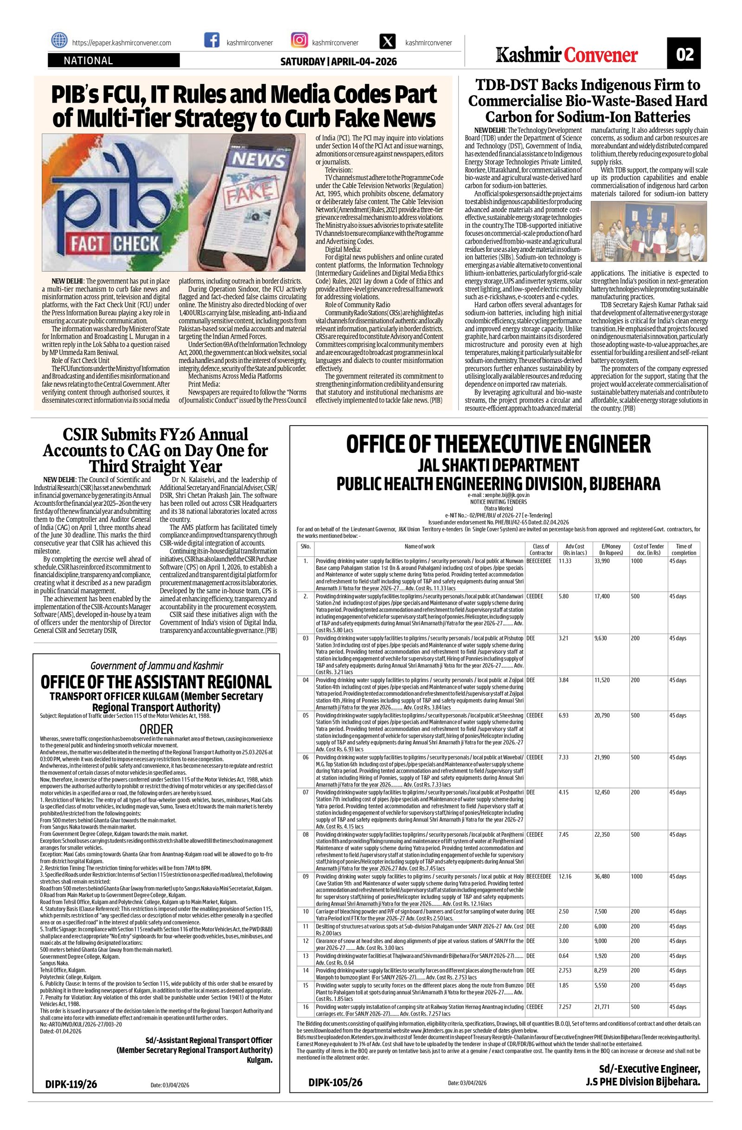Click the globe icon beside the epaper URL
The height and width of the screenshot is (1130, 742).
(x=59, y=41)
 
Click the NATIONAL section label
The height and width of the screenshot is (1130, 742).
(x=88, y=61)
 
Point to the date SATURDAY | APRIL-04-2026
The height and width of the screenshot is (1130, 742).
(x=338, y=62)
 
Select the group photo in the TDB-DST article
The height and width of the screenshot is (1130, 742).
(x=648, y=231)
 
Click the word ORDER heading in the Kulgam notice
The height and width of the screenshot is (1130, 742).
(x=156, y=729)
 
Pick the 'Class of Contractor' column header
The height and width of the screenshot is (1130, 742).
(x=540, y=549)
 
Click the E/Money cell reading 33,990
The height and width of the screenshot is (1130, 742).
(x=602, y=561)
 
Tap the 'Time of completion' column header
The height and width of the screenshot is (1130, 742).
(x=684, y=549)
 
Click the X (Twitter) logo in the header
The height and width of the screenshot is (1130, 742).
(x=388, y=41)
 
